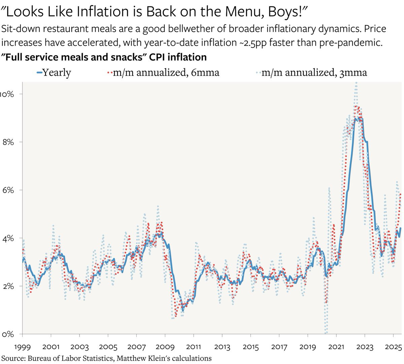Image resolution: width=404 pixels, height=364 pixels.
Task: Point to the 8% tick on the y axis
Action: pyautogui.click(x=8, y=142)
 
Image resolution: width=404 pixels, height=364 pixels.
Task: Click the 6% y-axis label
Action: pyautogui.click(x=8, y=190)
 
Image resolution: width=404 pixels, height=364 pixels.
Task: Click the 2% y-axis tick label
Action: pyautogui.click(x=8, y=286)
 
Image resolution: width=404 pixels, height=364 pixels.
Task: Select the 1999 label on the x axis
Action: pyautogui.click(x=22, y=347)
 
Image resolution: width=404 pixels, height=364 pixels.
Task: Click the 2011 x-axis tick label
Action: pyautogui.click(x=194, y=347)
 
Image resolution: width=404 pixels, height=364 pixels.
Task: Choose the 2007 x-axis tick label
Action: pyautogui.click(x=136, y=347)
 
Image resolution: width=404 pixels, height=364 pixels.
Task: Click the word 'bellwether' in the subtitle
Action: pyautogui.click(x=188, y=29)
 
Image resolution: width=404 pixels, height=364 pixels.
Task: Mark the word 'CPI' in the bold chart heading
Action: pyautogui.click(x=157, y=57)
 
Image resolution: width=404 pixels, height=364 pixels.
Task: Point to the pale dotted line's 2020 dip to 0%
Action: pyautogui.click(x=326, y=332)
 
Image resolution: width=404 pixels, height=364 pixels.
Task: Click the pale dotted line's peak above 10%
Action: pyautogui.click(x=356, y=84)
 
